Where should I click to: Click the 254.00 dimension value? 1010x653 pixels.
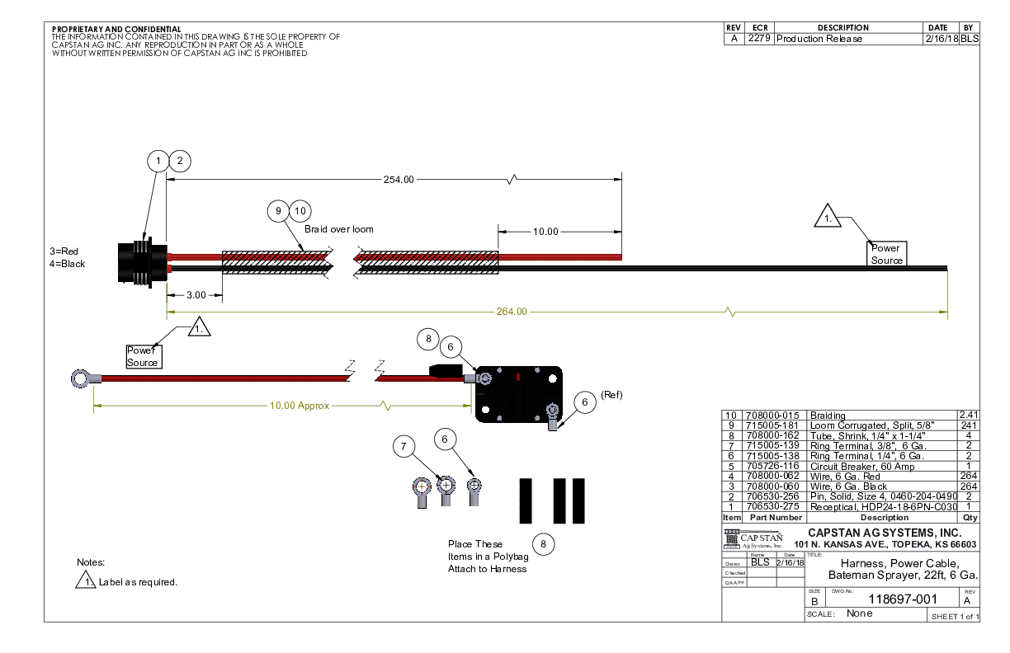[398, 179]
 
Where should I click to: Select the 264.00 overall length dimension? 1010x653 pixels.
[511, 312]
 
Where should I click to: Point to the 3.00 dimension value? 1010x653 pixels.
[195, 294]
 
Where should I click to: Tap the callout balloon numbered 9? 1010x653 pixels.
[279, 211]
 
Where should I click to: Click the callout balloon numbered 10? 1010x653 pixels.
[300, 211]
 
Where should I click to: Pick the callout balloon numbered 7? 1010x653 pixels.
[404, 447]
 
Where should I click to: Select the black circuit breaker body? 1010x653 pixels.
[518, 394]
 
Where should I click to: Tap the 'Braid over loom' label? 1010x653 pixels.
[339, 229]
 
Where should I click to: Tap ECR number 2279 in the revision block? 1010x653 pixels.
[758, 39]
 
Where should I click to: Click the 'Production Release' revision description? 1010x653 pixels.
[819, 39]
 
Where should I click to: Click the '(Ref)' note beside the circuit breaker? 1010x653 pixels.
[611, 395]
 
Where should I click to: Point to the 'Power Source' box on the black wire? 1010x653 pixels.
[887, 254]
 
